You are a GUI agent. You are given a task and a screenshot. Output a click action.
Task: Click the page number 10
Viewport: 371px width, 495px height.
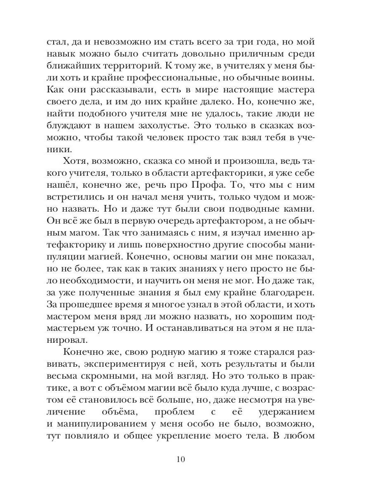pos(185,460)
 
